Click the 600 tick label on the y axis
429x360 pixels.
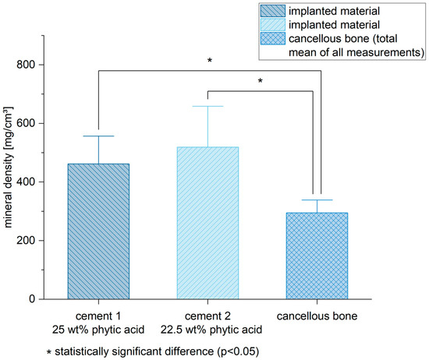(x=27, y=123)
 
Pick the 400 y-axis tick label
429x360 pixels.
(x=27, y=182)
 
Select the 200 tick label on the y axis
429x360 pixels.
(x=27, y=240)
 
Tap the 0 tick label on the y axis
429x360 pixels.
(x=33, y=298)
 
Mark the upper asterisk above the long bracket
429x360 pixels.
(x=208, y=59)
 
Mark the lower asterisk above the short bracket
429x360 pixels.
(x=261, y=80)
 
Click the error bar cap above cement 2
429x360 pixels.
(x=207, y=106)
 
